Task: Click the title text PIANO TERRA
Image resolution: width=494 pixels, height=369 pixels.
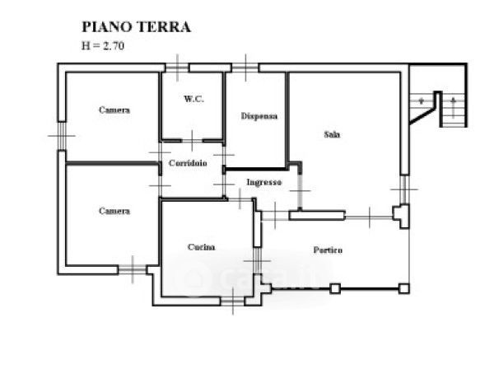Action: click(x=137, y=26)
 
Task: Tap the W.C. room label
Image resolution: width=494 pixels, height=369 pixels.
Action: click(x=193, y=99)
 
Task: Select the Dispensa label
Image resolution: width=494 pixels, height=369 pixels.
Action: click(x=259, y=116)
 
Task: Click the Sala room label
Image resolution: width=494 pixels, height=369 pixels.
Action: click(x=333, y=134)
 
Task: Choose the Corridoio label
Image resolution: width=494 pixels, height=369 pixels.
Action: click(x=188, y=163)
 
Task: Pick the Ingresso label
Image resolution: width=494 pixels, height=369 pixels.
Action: click(x=264, y=182)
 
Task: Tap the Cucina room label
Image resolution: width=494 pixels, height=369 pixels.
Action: click(x=202, y=247)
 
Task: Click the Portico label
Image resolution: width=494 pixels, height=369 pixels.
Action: click(x=328, y=250)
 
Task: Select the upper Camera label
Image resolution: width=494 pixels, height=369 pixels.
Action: click(x=114, y=110)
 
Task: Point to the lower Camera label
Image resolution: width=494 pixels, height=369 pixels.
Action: click(x=114, y=211)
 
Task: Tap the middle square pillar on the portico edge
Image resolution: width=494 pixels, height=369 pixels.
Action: click(x=334, y=288)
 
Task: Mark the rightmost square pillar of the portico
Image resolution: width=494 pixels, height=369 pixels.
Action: click(x=403, y=288)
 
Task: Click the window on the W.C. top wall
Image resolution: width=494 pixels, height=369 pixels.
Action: click(x=177, y=67)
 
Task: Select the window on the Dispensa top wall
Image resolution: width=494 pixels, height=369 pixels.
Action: click(x=245, y=66)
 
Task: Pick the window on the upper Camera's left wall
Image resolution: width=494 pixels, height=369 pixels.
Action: click(x=60, y=135)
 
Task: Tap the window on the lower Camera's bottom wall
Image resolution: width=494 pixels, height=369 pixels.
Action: click(x=132, y=269)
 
